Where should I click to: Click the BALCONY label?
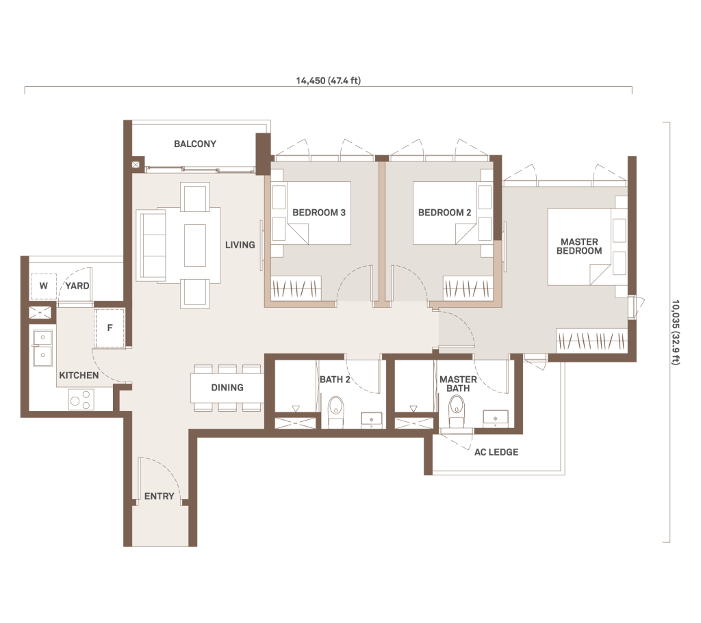pyautogui.click(x=195, y=144)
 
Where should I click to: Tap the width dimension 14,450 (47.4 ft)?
pyautogui.click(x=328, y=81)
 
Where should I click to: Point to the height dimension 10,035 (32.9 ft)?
pyautogui.click(x=675, y=332)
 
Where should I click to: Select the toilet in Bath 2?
pyautogui.click(x=335, y=411)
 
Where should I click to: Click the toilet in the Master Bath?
pyautogui.click(x=457, y=411)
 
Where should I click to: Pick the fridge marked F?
pyautogui.click(x=110, y=328)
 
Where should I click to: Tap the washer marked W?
pyautogui.click(x=43, y=286)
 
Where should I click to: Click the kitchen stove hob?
pyautogui.click(x=81, y=399)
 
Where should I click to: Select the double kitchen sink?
pyautogui.click(x=42, y=348)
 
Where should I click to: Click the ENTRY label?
pyautogui.click(x=159, y=496)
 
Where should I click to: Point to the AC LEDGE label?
pyautogui.click(x=496, y=452)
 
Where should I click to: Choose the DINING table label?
pyautogui.click(x=227, y=387)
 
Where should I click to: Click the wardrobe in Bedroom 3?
pyautogui.click(x=297, y=289)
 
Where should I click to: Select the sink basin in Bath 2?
pyautogui.click(x=372, y=420)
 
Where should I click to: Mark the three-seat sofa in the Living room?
pyautogui.click(x=151, y=246)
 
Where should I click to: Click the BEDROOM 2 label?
pyautogui.click(x=444, y=213)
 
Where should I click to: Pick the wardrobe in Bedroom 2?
pyautogui.click(x=468, y=289)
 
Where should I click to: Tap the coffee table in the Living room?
pyautogui.click(x=195, y=246)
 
